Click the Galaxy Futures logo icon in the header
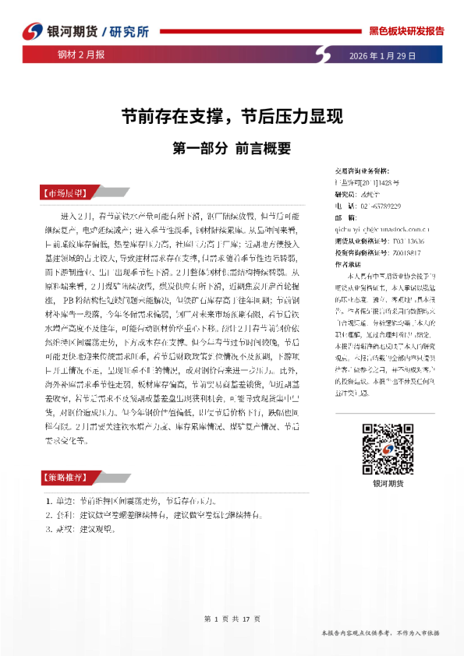click(x=31, y=30)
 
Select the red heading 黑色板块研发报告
click(x=406, y=31)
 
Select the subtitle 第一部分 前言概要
click(x=231, y=146)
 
